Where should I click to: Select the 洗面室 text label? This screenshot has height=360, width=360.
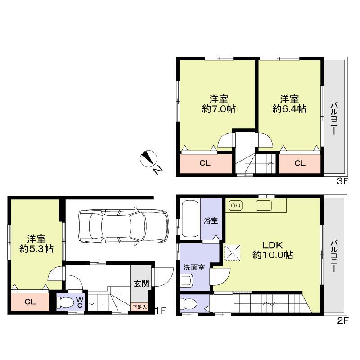point(194,267)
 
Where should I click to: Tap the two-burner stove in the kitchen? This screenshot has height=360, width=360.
point(236,206)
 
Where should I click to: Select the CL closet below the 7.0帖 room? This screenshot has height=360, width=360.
point(205,163)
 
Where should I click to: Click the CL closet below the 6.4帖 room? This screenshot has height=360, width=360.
point(300,163)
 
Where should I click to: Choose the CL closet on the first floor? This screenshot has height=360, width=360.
point(30,301)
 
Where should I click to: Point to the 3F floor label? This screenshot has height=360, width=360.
point(341,182)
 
